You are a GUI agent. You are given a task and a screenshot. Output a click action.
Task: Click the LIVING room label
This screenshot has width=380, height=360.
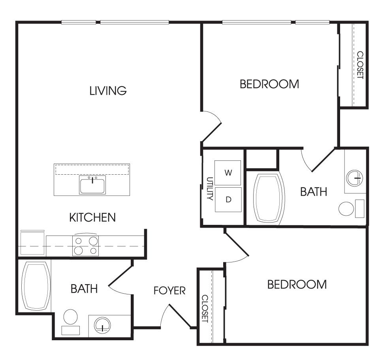(108, 90)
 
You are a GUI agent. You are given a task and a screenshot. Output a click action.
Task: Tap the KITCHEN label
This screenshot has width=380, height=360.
(92, 217)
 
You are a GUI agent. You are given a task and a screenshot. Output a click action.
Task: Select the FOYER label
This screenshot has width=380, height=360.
(169, 290)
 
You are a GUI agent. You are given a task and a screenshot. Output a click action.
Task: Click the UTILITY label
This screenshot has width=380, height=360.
(210, 188)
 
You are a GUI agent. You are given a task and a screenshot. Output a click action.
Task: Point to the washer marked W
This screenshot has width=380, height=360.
(228, 173)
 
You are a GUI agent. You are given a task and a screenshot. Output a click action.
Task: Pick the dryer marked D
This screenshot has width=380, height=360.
(228, 200)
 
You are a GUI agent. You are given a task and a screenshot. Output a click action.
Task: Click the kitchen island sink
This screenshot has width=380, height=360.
(92, 185)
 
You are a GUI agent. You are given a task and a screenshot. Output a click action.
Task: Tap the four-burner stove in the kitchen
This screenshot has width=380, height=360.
(86, 245)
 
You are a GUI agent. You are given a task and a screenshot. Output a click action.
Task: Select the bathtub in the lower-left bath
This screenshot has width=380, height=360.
(36, 286)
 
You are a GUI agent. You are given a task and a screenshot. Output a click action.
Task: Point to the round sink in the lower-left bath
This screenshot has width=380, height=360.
(102, 324)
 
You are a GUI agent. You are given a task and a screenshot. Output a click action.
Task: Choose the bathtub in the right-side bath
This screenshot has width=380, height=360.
(269, 198)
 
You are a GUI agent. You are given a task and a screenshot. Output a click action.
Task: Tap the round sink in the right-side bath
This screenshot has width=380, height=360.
(355, 178)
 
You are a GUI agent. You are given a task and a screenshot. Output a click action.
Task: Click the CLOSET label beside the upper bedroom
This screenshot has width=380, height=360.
(360, 65)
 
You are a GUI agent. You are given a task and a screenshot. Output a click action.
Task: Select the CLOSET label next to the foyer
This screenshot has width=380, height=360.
(205, 309)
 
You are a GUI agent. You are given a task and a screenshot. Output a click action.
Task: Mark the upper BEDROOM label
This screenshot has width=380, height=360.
(269, 84)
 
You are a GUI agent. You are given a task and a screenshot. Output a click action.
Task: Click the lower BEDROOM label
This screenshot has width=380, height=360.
(297, 285)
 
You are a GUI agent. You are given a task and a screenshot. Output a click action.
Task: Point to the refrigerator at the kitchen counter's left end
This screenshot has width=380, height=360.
(32, 243)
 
